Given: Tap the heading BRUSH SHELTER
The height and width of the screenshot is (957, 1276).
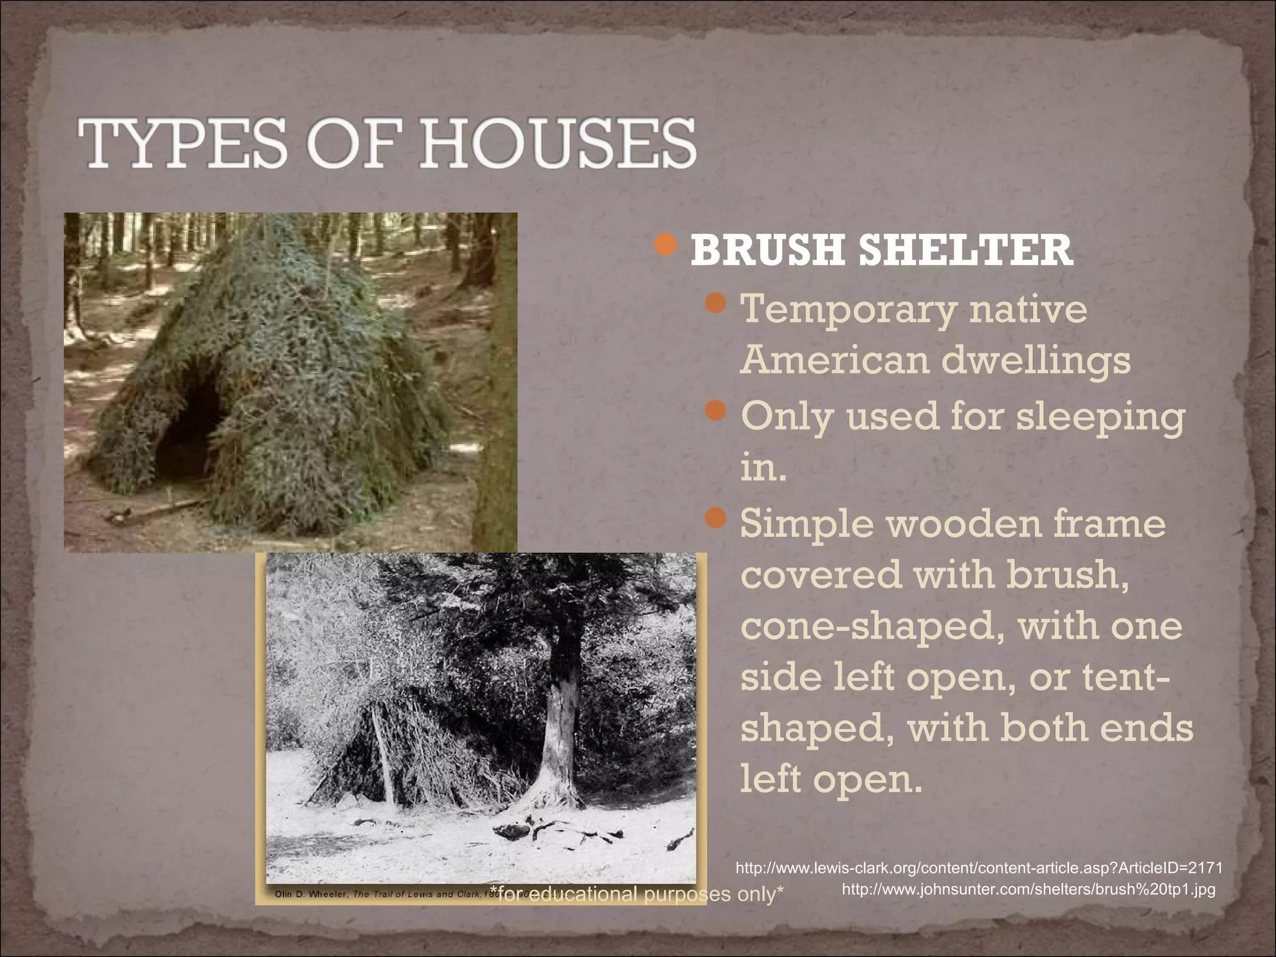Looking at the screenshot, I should [881, 250].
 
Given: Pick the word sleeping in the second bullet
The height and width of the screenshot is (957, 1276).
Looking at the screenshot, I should [1100, 416].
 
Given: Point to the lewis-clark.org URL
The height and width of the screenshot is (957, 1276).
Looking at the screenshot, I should [979, 868].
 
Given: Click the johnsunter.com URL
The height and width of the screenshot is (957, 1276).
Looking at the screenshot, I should [1029, 889].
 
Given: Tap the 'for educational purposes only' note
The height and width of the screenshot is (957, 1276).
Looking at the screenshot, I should [636, 894].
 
